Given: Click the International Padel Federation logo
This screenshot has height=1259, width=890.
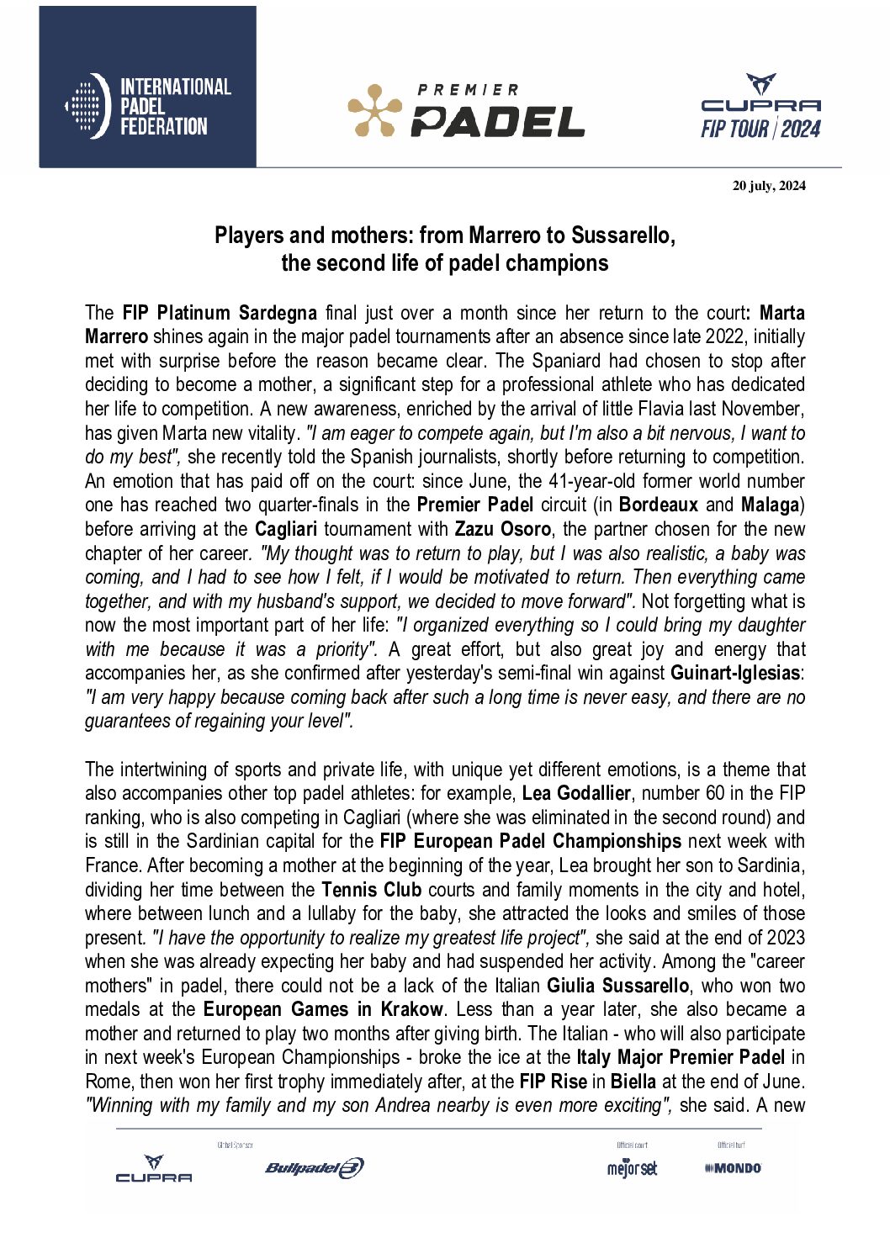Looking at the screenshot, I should [148, 106].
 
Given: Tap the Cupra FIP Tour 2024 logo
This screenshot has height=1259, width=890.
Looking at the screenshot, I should [760, 107].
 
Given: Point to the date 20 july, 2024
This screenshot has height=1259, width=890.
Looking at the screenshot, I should [768, 186].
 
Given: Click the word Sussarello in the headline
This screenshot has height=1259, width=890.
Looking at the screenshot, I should [622, 235].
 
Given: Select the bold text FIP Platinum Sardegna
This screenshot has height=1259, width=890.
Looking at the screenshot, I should [220, 313].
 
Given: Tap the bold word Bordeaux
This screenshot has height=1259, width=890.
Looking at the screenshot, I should [658, 505].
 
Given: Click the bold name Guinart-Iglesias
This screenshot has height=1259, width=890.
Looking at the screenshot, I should [734, 673].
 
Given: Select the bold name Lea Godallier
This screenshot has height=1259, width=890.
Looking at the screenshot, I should [575, 793].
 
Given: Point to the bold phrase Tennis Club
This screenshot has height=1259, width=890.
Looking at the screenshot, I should [371, 889].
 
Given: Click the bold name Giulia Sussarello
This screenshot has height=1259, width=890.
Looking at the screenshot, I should [617, 985].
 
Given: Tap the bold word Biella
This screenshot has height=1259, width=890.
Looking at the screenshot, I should [633, 1081].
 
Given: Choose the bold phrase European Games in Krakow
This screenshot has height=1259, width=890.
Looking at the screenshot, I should [323, 1009].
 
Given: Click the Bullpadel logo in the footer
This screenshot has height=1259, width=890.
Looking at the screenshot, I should [314, 1167].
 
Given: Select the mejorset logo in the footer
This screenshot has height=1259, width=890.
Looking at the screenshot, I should [632, 1168].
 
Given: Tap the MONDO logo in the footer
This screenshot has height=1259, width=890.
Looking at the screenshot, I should [733, 1168].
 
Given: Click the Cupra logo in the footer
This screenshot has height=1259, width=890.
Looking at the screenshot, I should [154, 1169].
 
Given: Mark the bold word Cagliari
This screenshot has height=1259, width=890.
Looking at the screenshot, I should [285, 529].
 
